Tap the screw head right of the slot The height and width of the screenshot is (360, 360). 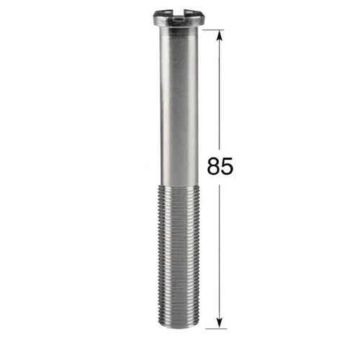coord(194,17)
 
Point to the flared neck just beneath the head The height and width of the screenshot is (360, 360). coord(179,30)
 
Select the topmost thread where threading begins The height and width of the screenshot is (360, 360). coord(179,187)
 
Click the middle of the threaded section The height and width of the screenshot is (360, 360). coord(179,257)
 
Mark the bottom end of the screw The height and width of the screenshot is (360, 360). coord(179,327)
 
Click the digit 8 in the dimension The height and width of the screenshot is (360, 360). coord(214,166)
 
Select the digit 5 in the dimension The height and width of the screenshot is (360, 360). coord(227,166)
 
